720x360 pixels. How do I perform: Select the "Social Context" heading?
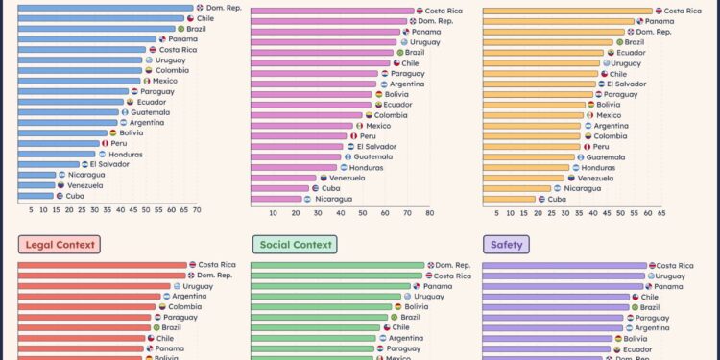coord(293,245)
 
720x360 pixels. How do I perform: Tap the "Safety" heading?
coord(506,245)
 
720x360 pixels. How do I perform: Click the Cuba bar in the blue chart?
coord(36,195)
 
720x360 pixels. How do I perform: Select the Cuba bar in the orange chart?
coord(509,199)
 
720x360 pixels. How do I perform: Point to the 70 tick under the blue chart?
coord(197,209)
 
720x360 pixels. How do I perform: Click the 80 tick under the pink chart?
coord(429,213)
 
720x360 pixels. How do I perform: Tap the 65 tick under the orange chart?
coord(661,213)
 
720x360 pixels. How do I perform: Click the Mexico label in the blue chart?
coord(165,81)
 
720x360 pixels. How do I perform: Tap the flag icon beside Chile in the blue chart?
coord(190,18)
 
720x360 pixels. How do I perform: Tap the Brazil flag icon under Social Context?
coord(395,317)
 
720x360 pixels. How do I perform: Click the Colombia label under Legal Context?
coord(185,306)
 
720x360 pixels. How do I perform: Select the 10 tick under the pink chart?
coord(273,213)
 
